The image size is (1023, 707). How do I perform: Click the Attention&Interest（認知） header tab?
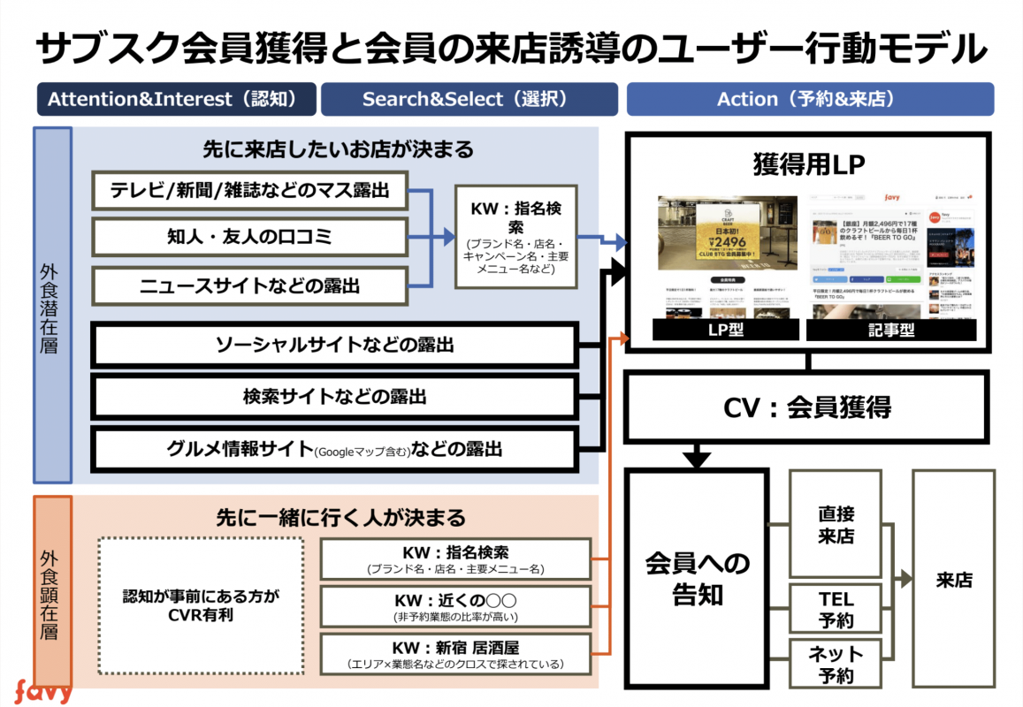[x=176, y=99]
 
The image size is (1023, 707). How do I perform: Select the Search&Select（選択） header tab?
[x=470, y=99]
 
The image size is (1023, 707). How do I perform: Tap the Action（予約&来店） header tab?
[x=810, y=99]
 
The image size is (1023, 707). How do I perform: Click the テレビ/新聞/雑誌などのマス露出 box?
[x=250, y=189]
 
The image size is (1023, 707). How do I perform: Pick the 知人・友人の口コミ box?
[x=250, y=237]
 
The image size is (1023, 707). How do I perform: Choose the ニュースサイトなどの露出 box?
[x=250, y=285]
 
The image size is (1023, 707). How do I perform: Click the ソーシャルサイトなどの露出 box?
[x=335, y=345]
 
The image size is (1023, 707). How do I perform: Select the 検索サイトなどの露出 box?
[x=335, y=397]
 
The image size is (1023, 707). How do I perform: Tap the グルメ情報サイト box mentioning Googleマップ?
[x=335, y=449]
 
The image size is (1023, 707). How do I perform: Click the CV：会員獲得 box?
[x=805, y=407]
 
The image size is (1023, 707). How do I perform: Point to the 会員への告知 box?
[x=697, y=579]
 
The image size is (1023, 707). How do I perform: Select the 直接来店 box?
[x=836, y=524]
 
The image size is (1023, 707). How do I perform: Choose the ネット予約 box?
[x=836, y=664]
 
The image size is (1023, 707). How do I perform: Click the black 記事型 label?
[x=890, y=330]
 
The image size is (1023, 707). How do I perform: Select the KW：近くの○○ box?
[x=455, y=607]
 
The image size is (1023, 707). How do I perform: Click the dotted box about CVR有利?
[x=200, y=605]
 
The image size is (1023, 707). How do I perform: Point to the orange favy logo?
[x=42, y=690]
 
